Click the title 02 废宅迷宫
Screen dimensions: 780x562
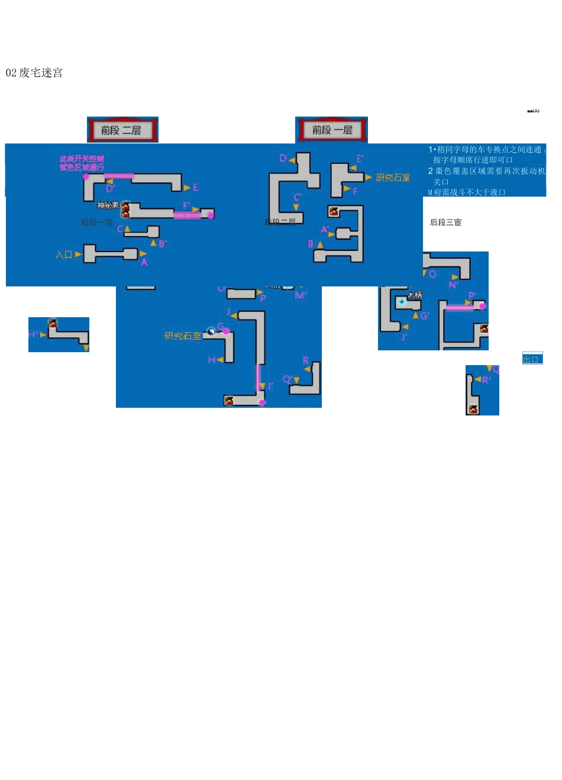click(34, 73)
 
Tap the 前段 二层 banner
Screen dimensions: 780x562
click(122, 130)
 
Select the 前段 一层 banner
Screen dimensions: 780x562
click(332, 130)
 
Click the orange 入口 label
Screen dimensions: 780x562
click(64, 254)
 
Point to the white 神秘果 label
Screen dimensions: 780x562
click(108, 205)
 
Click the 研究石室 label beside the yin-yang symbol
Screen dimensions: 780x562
click(182, 336)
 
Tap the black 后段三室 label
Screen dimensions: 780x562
click(445, 223)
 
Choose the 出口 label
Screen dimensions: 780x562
click(531, 359)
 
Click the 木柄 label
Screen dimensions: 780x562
click(414, 295)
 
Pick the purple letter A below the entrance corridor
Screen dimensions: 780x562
click(144, 262)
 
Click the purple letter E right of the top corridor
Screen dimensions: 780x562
click(195, 188)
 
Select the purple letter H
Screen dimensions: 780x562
click(211, 360)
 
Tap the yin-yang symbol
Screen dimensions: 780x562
click(211, 331)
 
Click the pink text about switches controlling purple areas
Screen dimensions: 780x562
click(82, 163)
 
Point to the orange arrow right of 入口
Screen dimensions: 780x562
click(78, 254)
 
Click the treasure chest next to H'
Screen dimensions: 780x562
click(53, 324)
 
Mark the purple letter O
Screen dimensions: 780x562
click(432, 274)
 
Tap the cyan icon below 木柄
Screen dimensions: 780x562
click(402, 302)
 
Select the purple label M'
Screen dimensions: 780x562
click(301, 295)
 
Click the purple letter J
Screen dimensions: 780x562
click(228, 311)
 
